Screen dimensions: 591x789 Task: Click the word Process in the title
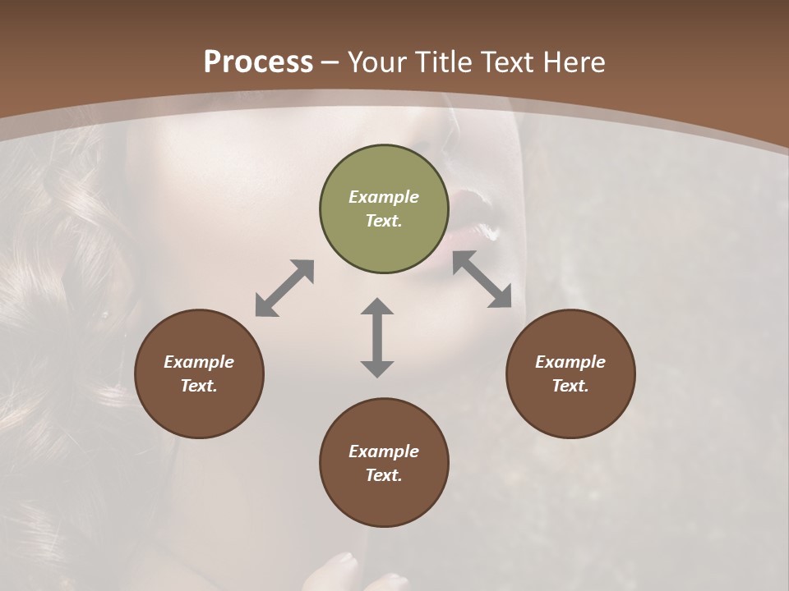click(x=258, y=62)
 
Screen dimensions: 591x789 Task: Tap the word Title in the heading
click(x=445, y=62)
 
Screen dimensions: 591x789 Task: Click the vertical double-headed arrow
click(x=377, y=337)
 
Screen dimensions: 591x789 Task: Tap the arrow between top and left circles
click(x=284, y=287)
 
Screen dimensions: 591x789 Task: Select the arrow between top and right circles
click(x=482, y=279)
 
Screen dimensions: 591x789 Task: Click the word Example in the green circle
click(x=384, y=197)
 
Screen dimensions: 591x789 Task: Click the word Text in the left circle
click(x=199, y=386)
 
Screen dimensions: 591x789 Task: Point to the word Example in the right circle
click(x=570, y=362)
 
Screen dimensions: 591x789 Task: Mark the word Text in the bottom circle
click(x=384, y=475)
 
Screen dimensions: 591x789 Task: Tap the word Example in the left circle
click(x=199, y=362)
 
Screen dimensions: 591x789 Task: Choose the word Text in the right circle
click(x=570, y=386)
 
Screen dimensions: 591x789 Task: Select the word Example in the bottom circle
click(x=384, y=451)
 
